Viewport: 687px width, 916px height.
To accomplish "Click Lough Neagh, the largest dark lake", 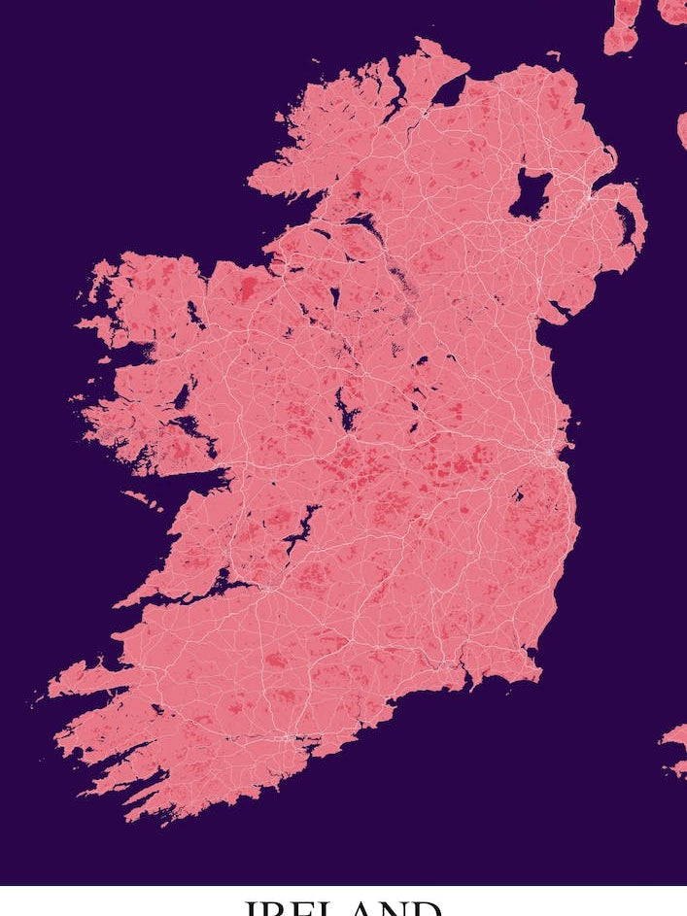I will (x=530, y=193).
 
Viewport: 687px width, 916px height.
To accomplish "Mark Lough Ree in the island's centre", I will (x=345, y=408).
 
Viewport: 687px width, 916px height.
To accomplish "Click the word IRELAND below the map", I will (x=343, y=906).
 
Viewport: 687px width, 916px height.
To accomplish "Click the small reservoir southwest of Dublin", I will (x=518, y=495).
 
